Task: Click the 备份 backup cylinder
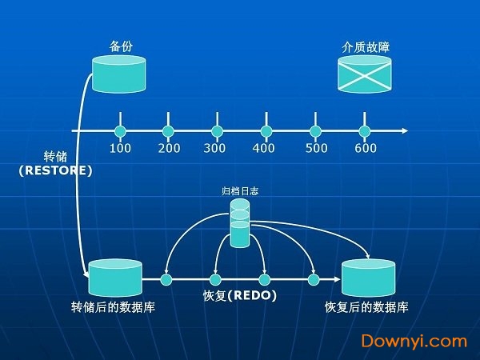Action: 120,74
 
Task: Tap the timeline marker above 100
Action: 120,130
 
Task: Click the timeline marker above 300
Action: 217,130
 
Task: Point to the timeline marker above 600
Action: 365,130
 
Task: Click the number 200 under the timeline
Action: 169,148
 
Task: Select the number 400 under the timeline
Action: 263,148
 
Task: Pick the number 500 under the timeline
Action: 317,148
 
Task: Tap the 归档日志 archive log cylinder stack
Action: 240,223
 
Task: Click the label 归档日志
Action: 240,191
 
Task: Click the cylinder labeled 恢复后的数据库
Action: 368,279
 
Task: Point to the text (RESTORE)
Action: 56,170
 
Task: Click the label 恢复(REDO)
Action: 240,297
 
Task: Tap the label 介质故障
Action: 364,46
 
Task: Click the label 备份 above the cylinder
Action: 120,46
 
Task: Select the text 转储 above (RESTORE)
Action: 55,157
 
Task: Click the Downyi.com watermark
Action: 414,341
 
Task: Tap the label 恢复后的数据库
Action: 367,307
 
